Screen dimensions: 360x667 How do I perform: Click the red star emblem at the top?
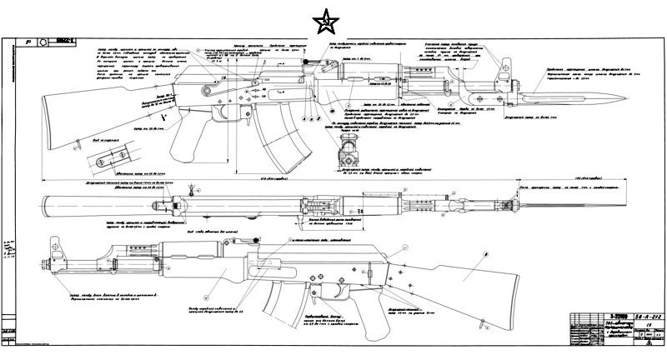pyautogui.click(x=321, y=22)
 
